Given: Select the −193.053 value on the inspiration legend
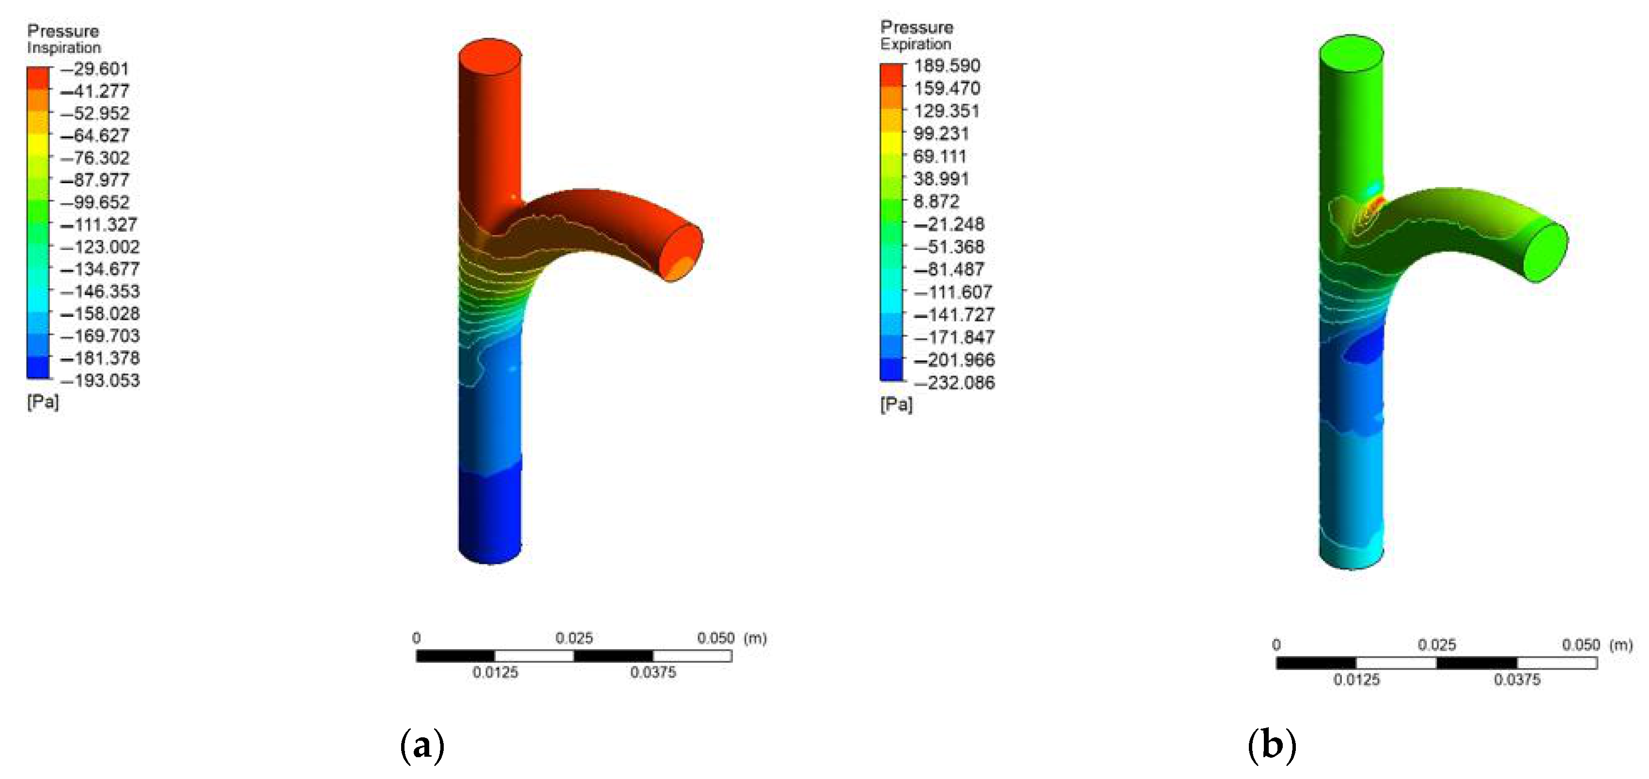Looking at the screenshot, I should click(x=100, y=381).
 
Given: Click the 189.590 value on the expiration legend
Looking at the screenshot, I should click(x=947, y=66).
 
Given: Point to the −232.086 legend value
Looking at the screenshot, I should click(x=954, y=383).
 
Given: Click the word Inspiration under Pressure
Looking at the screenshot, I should click(x=63, y=48).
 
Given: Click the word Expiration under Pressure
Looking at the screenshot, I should click(x=916, y=45).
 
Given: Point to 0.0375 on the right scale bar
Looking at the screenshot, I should click(x=1517, y=680).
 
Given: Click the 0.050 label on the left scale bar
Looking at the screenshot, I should click(x=716, y=638).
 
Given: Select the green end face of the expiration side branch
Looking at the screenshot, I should click(x=1545, y=252).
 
